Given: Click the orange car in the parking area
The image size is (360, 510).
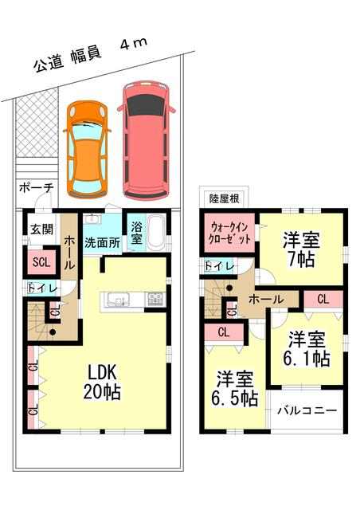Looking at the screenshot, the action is click(87, 149).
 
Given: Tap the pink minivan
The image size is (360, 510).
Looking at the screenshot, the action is click(146, 140).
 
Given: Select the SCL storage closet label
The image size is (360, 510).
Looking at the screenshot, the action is click(41, 262).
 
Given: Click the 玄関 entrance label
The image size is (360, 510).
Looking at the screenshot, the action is click(42, 229).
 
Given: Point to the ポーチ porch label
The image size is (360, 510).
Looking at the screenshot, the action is click(36, 188).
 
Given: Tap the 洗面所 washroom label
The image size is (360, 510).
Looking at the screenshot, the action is click(102, 242).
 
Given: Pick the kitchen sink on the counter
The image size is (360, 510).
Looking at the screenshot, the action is click(119, 299).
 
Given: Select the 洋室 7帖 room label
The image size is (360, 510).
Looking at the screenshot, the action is click(301, 249).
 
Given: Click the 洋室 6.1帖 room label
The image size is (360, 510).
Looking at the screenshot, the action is click(306, 349).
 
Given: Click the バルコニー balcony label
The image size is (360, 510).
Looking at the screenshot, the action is click(307, 410).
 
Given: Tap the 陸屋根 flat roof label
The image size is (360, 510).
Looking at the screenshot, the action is click(224, 198).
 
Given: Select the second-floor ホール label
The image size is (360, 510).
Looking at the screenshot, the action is click(265, 299).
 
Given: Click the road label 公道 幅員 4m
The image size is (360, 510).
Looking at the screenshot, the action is click(91, 54).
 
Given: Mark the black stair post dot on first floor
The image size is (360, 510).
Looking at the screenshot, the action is click(53, 332).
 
